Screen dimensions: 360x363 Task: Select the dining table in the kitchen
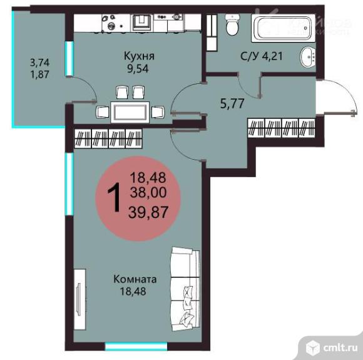[x=130, y=111]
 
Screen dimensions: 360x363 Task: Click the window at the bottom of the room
[x=126, y=346]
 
